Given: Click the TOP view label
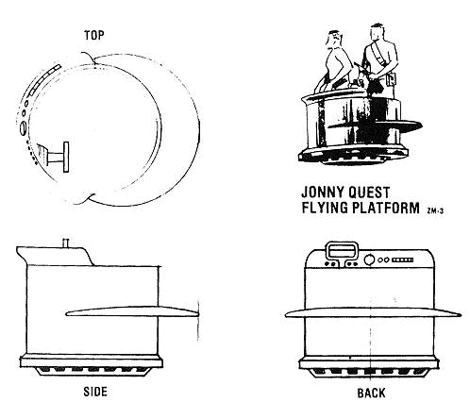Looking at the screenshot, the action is point(93,35).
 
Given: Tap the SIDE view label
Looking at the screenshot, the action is point(95,392).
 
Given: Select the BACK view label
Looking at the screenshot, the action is point(371,393).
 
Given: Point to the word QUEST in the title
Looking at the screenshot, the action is point(368,193).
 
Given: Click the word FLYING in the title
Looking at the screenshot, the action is point(325,208).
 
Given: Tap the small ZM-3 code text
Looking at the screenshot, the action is point(435,210).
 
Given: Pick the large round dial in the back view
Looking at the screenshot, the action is point(369,260).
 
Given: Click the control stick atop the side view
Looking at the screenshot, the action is point(66,243).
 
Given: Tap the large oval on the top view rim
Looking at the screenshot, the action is point(23,128).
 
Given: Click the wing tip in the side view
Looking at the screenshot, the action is point(197,313).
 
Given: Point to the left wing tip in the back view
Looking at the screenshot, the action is point(286,314).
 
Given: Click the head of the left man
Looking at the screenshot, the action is point(334,38).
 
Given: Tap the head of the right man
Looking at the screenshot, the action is point(378,32).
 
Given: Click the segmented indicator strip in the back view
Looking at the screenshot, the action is point(403,260).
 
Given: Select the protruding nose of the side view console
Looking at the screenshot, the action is point(22,254).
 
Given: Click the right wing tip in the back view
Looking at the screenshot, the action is point(460,314).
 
